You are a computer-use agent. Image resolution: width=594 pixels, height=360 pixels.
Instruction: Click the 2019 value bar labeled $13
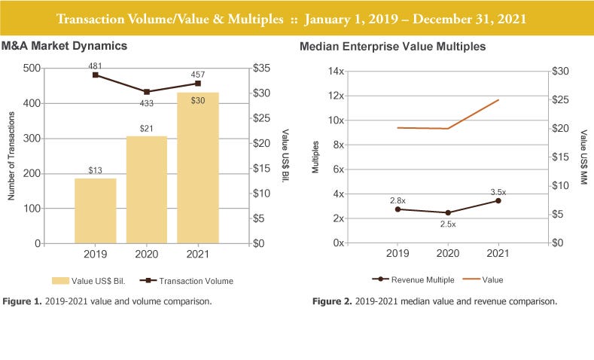click(95, 211)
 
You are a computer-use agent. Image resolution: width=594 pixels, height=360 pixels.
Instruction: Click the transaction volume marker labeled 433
click(147, 92)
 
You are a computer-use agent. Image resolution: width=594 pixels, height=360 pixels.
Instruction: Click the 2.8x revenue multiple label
click(398, 200)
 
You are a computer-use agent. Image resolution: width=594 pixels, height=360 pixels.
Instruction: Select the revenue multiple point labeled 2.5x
click(448, 212)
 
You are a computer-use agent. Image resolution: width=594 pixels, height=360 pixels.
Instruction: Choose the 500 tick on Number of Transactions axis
click(32, 69)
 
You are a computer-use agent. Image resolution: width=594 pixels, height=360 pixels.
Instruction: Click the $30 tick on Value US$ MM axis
click(560, 72)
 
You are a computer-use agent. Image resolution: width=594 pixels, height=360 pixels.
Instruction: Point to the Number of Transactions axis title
click(13, 156)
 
